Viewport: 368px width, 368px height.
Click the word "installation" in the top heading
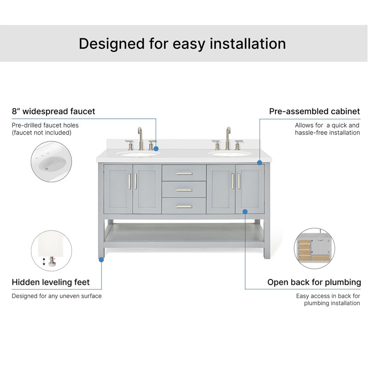point(247,44)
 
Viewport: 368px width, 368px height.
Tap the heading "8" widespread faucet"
point(53,111)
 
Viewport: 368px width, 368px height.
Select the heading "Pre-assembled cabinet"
point(315,111)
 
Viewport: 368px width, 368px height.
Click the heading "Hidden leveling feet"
point(51,282)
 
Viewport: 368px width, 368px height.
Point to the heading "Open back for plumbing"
point(314,282)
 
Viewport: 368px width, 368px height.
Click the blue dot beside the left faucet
point(156,149)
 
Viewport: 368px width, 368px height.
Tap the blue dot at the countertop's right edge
point(259,163)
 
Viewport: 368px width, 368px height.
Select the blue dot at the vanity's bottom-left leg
point(101,259)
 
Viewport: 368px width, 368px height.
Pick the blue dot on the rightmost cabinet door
point(245,212)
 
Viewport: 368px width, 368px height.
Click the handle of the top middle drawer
point(184,174)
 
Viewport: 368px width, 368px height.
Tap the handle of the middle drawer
point(184,190)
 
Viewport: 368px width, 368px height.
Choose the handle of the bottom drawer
point(184,207)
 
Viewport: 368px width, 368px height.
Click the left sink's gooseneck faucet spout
point(140,138)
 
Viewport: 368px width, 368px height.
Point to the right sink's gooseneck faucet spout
point(228,138)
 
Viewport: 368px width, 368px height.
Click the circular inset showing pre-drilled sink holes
point(52,161)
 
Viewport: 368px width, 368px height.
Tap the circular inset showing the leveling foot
point(52,251)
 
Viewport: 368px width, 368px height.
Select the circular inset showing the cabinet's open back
point(315,248)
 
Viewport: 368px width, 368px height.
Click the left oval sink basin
point(138,154)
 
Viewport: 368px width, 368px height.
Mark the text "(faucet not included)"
point(41,132)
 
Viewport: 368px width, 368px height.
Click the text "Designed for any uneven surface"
point(57,296)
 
